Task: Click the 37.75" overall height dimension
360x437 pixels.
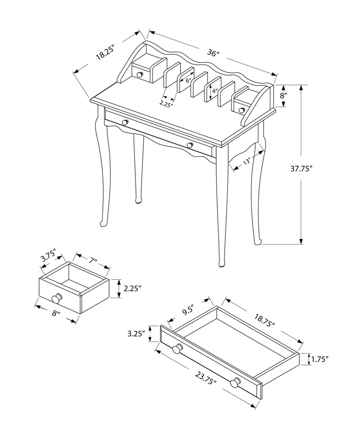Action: [301, 169]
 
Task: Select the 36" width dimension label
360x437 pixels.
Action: [213, 53]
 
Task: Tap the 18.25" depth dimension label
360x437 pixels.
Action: [105, 52]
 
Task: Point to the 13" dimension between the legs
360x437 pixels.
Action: [247, 162]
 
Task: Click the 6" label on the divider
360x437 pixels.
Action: [188, 81]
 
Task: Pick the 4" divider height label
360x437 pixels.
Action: [215, 91]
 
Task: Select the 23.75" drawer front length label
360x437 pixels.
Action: [206, 378]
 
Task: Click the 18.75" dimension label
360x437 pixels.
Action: [265, 320]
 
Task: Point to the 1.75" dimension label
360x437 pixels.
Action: [320, 359]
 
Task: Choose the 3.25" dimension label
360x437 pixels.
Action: [136, 333]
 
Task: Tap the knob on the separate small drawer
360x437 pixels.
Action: [57, 298]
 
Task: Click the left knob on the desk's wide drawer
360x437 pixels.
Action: [125, 122]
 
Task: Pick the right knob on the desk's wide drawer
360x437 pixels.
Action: [190, 145]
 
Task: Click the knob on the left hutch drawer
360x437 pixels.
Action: [139, 75]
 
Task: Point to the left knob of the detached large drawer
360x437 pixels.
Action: [177, 349]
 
